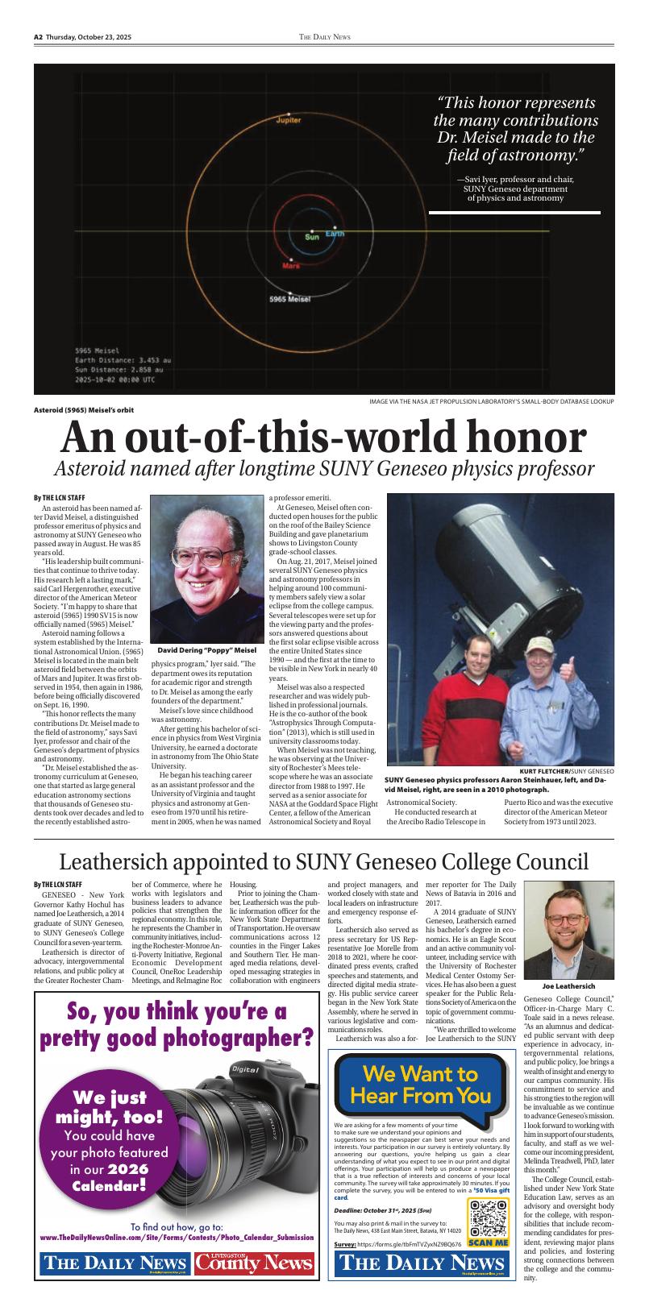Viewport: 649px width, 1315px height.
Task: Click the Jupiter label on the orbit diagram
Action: (288, 119)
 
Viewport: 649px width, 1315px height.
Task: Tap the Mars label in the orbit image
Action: (291, 264)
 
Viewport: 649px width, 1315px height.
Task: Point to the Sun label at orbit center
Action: (311, 237)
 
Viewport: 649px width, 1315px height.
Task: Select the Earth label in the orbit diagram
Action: (335, 234)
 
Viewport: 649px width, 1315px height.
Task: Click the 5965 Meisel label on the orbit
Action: (289, 299)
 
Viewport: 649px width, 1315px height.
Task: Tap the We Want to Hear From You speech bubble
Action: (420, 1085)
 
